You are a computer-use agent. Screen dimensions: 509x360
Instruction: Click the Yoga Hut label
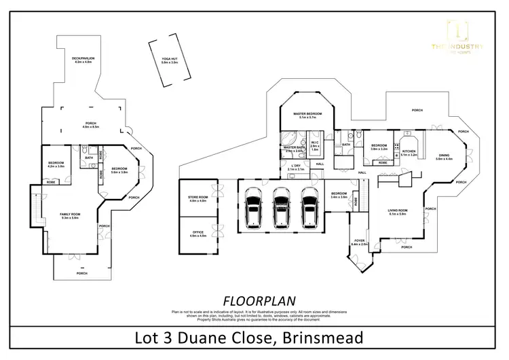[160, 60]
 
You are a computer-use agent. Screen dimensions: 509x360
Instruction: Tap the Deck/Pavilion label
[83, 60]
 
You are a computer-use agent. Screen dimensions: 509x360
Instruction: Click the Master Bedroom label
[307, 115]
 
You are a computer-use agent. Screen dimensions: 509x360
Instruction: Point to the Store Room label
[197, 199]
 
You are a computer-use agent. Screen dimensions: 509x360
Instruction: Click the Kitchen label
[409, 153]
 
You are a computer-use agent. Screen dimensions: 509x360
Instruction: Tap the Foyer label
[359, 242]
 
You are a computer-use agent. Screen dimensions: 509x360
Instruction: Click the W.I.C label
[314, 145]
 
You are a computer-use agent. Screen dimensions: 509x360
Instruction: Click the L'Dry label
[296, 167]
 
